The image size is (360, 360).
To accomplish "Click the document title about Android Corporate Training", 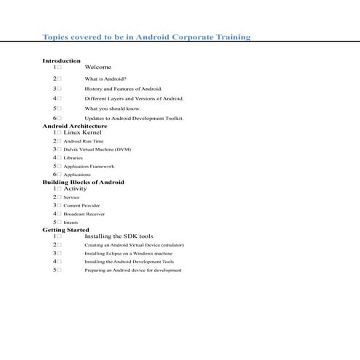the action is click(146, 36).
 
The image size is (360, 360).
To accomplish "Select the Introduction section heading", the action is click(61, 60).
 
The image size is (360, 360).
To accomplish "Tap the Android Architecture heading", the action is click(74, 126).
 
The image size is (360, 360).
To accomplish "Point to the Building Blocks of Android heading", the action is click(83, 182).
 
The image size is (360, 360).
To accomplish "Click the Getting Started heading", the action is click(65, 230).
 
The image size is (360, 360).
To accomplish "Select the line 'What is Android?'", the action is click(105, 78).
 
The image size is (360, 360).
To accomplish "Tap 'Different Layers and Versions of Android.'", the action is click(134, 98).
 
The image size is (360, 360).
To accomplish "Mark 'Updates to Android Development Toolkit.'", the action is click(134, 118).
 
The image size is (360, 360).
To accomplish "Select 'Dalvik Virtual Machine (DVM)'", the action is click(97, 149).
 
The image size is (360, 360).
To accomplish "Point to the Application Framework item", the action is click(89, 166).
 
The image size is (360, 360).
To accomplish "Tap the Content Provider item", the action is click(81, 206).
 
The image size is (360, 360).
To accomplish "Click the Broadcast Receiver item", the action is click(84, 215).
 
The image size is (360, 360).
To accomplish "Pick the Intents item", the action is click(71, 223).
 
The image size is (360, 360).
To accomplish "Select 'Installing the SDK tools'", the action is click(119, 236).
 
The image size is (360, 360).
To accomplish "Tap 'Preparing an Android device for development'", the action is click(133, 270).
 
